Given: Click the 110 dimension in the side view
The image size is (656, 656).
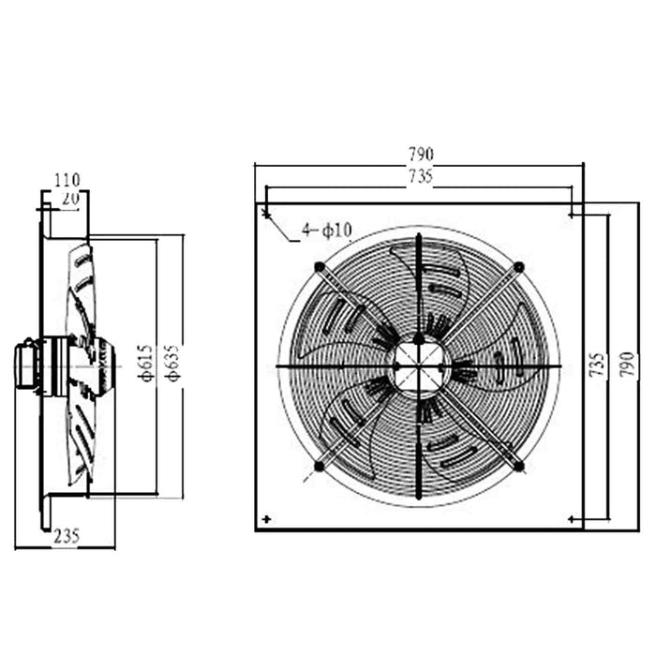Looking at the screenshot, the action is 67,180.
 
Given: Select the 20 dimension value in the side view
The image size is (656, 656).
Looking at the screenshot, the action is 70,199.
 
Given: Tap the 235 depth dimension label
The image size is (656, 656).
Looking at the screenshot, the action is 67,536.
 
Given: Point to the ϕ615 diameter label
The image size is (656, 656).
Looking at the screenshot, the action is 146,364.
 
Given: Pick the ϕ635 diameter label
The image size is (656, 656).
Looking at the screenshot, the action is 173,364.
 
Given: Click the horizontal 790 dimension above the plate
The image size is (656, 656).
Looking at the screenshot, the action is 421,155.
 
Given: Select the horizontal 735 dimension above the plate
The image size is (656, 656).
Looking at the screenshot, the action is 421,176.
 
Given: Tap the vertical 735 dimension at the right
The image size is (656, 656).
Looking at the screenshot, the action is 599,365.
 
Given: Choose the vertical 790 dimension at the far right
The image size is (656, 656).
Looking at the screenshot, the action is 628,365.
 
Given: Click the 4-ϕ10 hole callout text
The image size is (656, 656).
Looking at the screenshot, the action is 327,231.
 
